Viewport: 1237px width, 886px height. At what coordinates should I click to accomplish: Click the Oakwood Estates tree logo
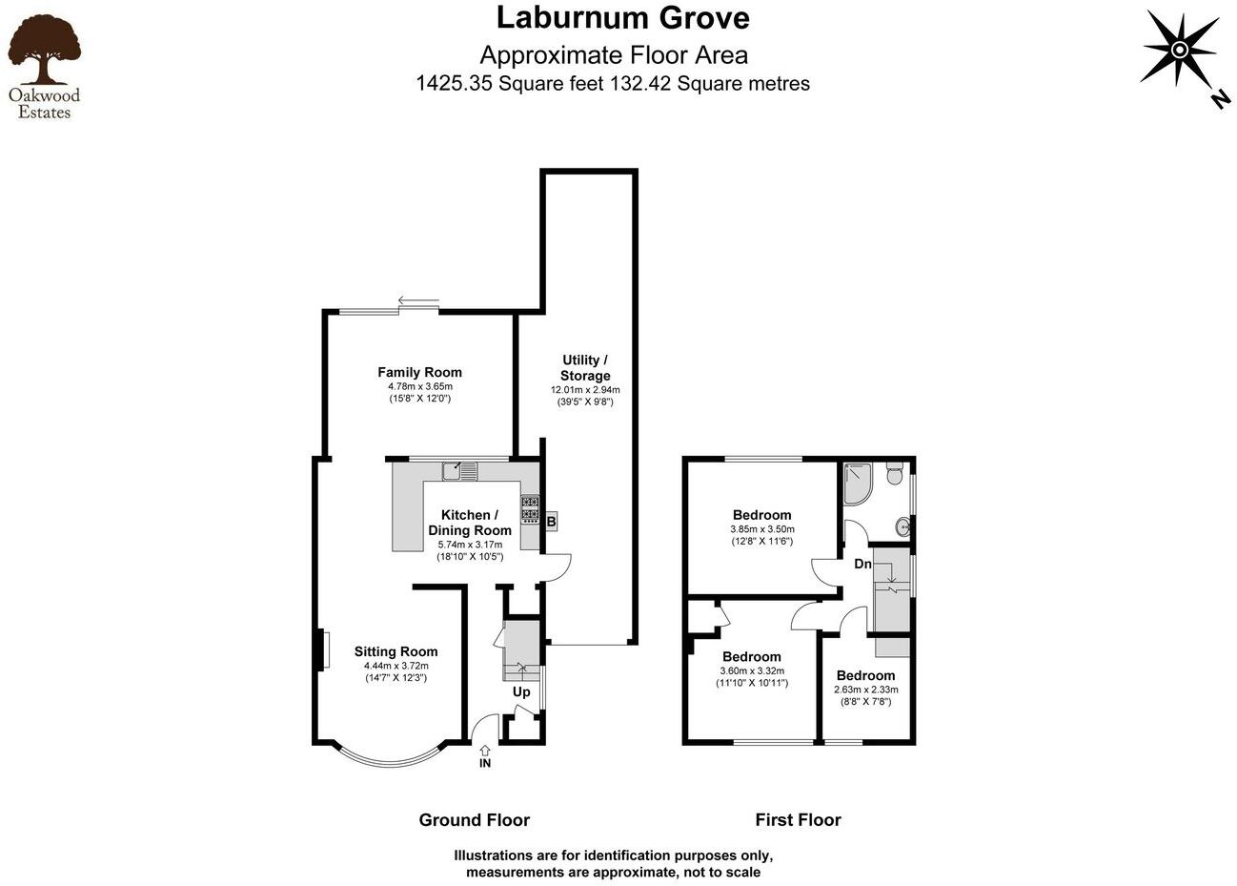click(x=44, y=52)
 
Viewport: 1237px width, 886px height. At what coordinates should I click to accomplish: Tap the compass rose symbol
click(x=1179, y=51)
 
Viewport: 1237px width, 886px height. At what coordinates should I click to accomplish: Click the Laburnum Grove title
click(x=623, y=17)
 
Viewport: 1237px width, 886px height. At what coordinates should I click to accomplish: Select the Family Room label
click(x=419, y=373)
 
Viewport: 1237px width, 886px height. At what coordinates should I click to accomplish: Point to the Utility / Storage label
click(x=584, y=367)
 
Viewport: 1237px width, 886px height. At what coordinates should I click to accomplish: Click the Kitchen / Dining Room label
click(x=470, y=523)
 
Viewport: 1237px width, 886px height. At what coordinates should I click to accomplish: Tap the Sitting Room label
click(x=395, y=652)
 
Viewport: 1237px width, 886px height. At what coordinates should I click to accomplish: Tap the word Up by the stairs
click(x=521, y=692)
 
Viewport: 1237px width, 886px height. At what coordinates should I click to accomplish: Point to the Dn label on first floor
click(x=862, y=564)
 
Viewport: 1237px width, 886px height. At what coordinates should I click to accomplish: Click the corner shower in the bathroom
click(x=858, y=483)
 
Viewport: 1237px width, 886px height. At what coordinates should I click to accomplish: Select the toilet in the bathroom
click(x=894, y=474)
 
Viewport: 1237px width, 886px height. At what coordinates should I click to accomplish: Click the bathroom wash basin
click(x=902, y=525)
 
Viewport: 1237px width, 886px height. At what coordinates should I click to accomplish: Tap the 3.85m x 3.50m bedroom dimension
click(x=762, y=529)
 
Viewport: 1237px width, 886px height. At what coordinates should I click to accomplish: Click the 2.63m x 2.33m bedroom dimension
click(x=865, y=690)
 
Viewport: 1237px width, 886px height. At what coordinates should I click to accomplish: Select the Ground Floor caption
click(x=474, y=819)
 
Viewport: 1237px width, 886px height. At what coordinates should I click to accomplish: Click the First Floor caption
click(x=798, y=819)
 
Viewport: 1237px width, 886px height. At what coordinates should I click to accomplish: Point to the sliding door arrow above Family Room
click(x=418, y=302)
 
